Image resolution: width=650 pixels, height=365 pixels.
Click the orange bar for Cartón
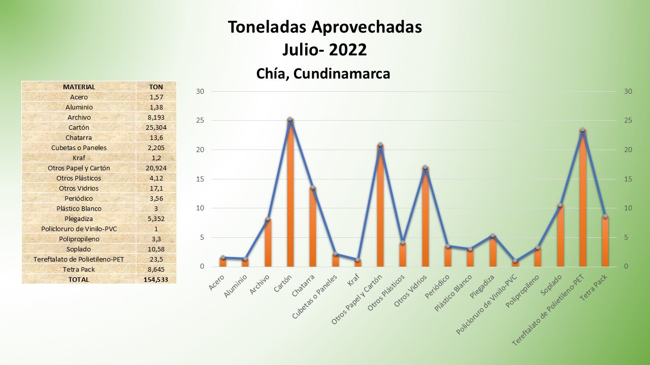[290, 193]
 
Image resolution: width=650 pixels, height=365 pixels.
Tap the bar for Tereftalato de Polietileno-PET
[582, 198]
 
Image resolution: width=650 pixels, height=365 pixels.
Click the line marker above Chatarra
[313, 188]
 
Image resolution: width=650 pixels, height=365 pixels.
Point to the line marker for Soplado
[560, 205]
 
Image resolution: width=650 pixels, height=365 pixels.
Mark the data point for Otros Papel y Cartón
[380, 144]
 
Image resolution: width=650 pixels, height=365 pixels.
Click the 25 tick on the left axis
[200, 121]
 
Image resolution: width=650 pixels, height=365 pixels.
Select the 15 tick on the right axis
[629, 179]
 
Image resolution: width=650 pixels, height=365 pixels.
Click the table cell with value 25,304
[156, 127]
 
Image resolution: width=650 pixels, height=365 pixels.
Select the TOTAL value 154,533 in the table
[156, 279]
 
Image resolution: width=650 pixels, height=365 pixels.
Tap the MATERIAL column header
[79, 87]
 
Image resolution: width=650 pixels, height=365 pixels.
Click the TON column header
[156, 87]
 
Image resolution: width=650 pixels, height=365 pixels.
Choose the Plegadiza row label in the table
[79, 218]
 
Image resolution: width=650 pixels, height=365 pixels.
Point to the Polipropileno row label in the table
[79, 239]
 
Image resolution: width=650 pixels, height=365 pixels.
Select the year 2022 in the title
[348, 50]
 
